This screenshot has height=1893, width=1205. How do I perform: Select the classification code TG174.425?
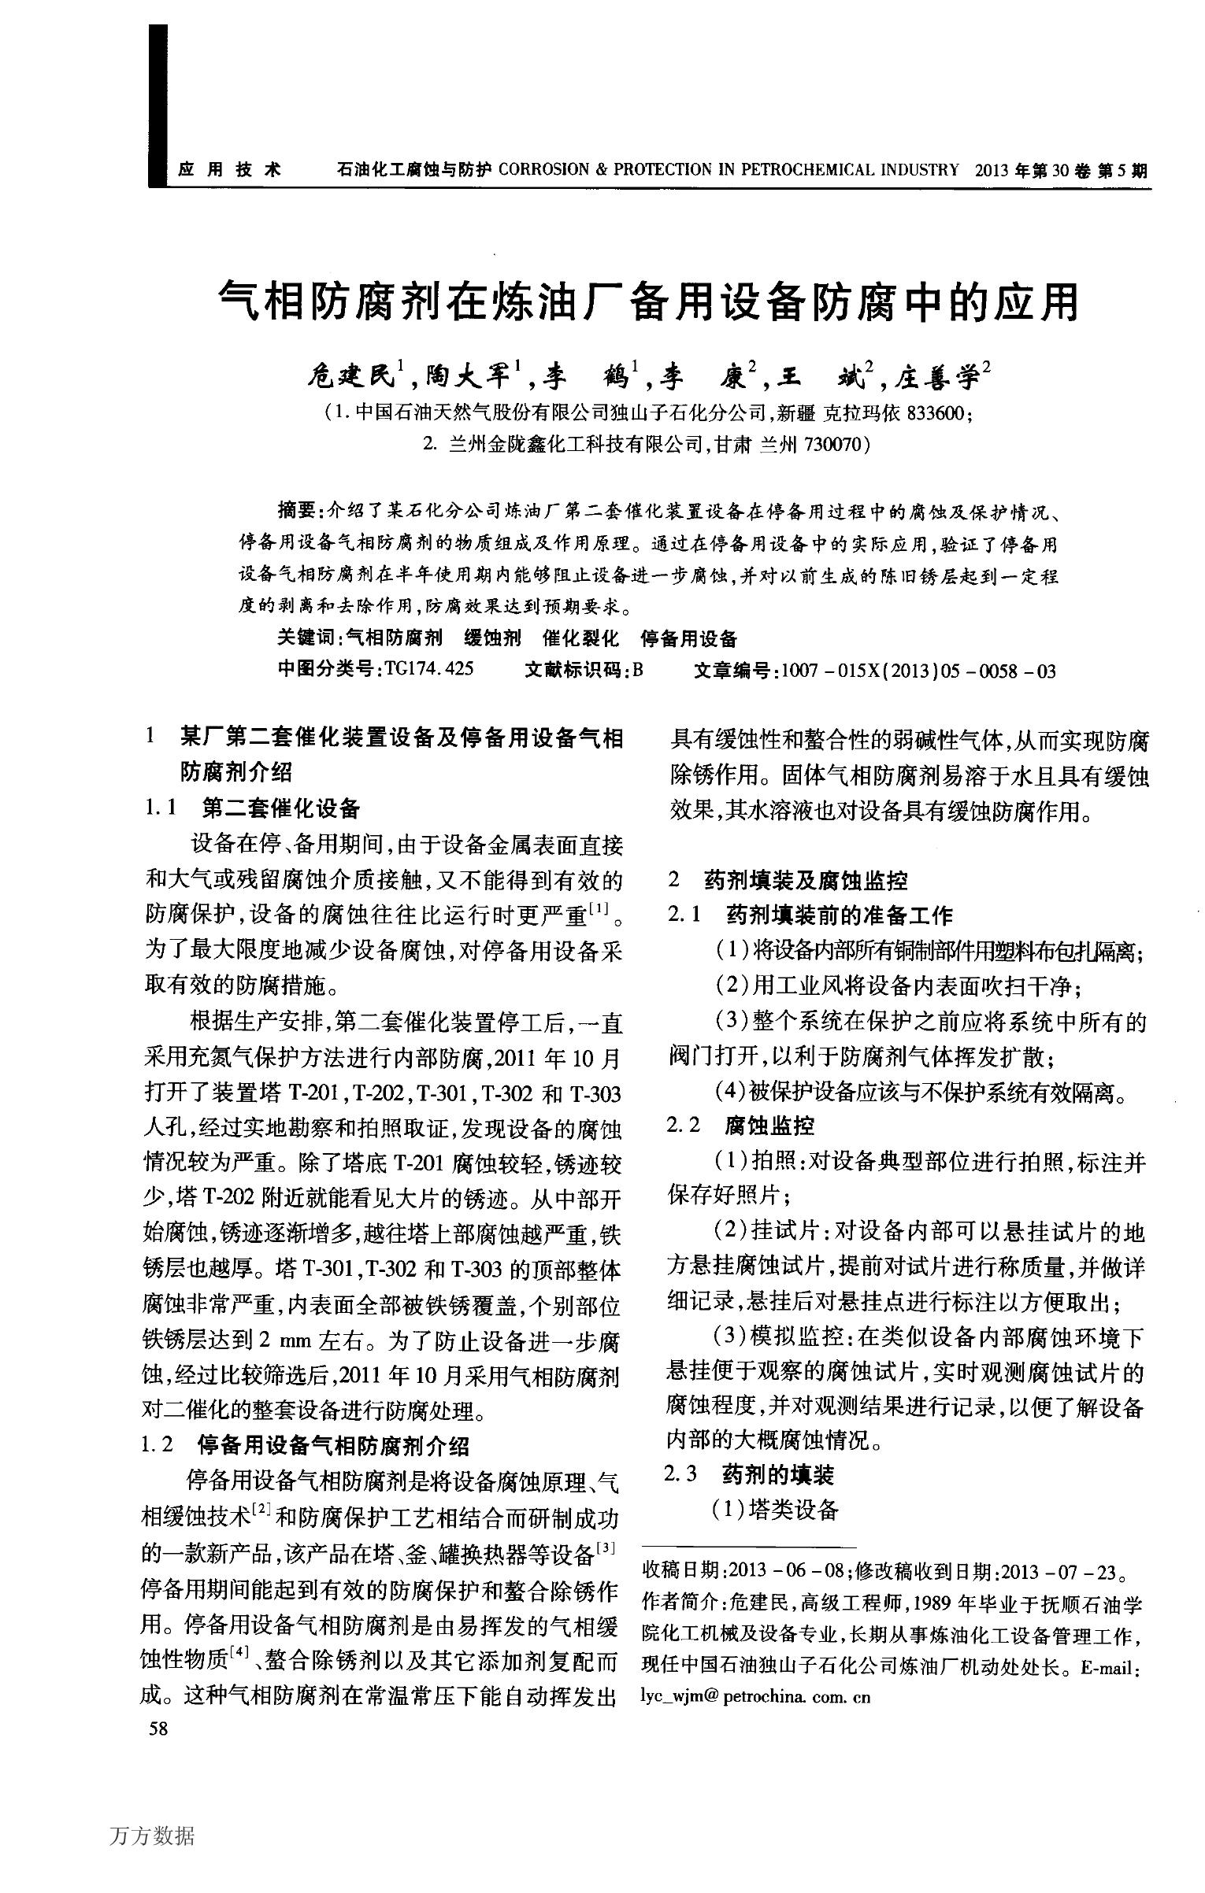click(428, 670)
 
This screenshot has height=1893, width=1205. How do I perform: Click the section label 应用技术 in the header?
click(229, 169)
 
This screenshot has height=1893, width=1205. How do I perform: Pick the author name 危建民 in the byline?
click(350, 376)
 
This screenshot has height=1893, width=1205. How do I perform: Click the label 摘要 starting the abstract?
click(296, 512)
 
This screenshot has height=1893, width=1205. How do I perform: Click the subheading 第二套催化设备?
click(280, 808)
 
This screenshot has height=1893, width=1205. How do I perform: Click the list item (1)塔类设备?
click(775, 1509)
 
